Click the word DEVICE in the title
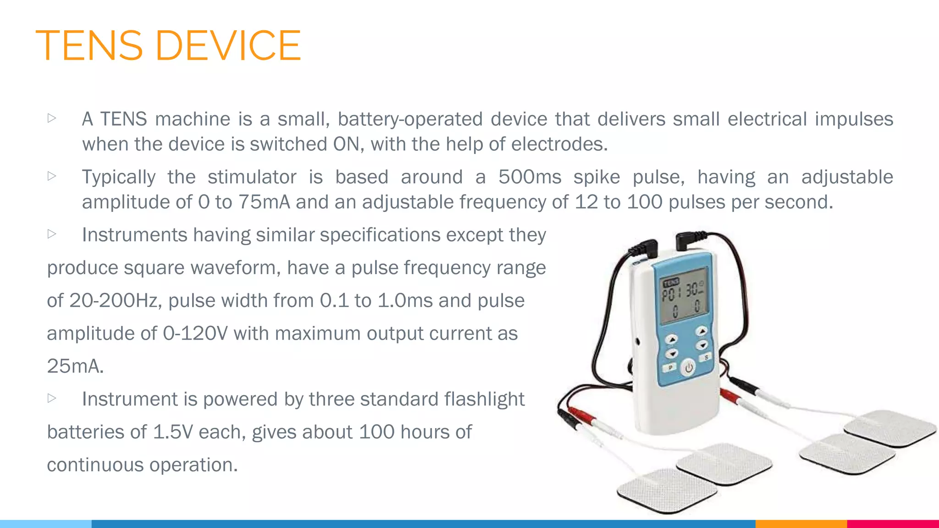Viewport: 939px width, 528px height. point(228,45)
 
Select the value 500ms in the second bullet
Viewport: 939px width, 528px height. point(530,177)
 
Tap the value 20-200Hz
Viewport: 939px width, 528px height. point(114,301)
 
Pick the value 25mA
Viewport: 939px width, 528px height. point(75,366)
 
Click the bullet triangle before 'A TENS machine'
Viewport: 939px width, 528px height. point(52,118)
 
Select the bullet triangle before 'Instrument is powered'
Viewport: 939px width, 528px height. point(52,398)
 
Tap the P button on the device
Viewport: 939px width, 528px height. point(670,367)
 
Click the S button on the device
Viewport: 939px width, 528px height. point(706,357)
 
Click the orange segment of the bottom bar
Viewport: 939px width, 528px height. point(801,524)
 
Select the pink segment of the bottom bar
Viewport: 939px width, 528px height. point(893,524)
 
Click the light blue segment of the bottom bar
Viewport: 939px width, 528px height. point(46,524)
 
